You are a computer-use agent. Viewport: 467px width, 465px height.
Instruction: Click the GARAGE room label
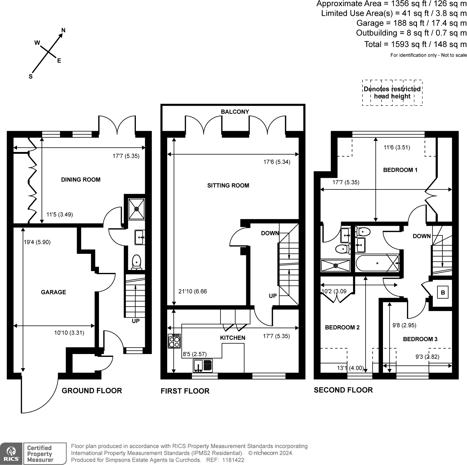[54, 292]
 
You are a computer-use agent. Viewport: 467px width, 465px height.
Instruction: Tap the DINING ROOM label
[81, 180]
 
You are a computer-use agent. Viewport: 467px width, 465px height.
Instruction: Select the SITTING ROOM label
[228, 185]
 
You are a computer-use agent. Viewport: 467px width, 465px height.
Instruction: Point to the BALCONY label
[235, 112]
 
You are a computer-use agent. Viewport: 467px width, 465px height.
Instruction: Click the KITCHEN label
[233, 338]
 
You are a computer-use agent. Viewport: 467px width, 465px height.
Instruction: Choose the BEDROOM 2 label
[342, 327]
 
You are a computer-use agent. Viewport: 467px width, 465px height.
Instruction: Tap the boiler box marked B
[443, 293]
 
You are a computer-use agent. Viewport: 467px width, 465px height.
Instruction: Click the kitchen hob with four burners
[174, 341]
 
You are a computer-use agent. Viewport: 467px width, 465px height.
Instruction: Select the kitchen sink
[203, 366]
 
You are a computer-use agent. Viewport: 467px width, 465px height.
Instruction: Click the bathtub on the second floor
[377, 263]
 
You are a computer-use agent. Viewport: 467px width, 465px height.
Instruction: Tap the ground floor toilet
[136, 262]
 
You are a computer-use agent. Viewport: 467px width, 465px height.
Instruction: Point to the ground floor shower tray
[136, 209]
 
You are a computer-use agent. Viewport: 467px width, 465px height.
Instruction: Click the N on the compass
[63, 30]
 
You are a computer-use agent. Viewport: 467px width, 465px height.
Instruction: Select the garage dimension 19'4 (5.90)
[37, 242]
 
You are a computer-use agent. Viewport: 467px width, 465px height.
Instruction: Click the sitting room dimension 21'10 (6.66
[193, 291]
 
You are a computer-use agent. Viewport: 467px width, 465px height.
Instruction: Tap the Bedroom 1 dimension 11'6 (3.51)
[397, 147]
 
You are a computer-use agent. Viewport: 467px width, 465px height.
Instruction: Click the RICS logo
[11, 453]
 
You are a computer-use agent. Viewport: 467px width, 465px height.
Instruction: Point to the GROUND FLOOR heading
[92, 391]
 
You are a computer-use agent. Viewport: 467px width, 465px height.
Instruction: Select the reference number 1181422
[233, 460]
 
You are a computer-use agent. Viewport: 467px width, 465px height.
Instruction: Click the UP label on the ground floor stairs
[136, 321]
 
